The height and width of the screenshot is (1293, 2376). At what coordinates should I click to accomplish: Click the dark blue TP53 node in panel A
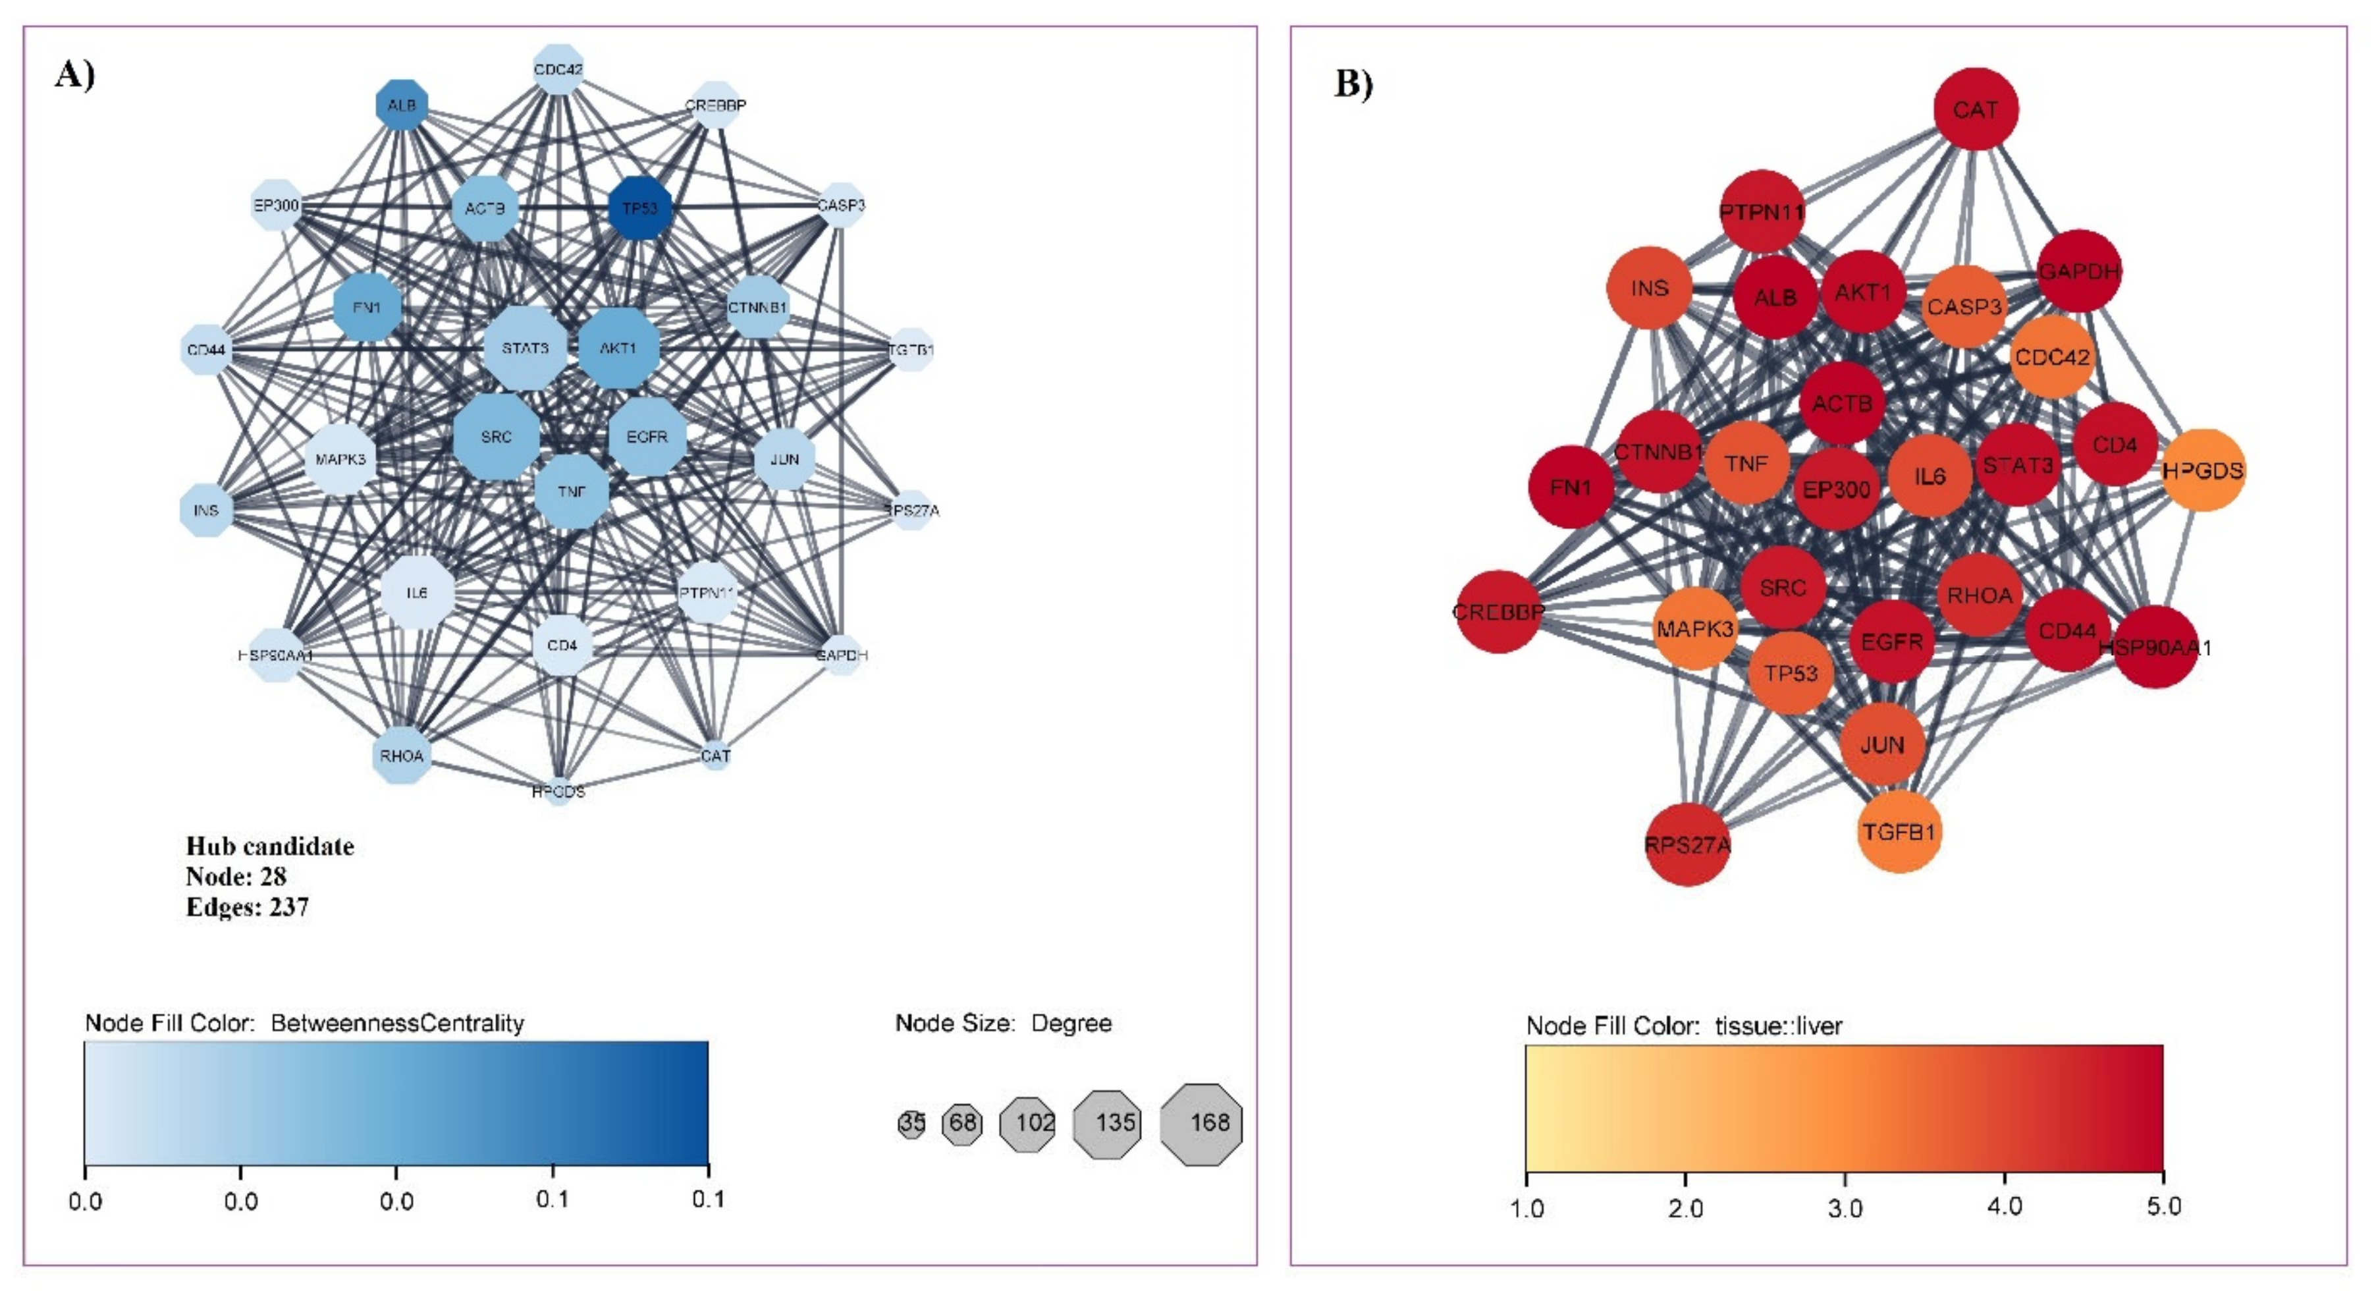tap(640, 208)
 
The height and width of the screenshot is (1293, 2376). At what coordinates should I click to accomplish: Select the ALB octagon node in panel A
tap(402, 106)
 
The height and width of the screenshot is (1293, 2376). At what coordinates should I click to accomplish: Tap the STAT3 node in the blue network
tap(525, 348)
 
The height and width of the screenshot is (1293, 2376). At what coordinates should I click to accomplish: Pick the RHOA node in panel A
tap(402, 756)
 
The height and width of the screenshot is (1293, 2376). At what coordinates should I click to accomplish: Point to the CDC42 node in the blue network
tap(558, 69)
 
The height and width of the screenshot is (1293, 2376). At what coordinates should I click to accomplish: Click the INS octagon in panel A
tap(205, 510)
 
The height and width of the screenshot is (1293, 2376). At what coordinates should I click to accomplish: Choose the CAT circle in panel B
tap(1976, 110)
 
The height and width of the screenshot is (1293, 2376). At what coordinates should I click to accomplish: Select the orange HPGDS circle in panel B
tap(2203, 470)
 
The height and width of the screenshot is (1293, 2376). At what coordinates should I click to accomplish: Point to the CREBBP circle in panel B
tap(1499, 611)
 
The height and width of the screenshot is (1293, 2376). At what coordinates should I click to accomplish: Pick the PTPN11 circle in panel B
tap(1762, 212)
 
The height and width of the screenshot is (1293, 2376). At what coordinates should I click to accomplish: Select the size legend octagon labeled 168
tap(1202, 1123)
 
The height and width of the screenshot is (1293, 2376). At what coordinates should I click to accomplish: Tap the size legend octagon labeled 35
tap(911, 1123)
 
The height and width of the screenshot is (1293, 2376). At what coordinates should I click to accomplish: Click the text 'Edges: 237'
tap(247, 908)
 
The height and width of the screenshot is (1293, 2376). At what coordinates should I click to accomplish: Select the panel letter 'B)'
tap(1353, 83)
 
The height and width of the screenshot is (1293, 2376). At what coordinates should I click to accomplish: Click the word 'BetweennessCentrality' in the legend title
tap(398, 1023)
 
